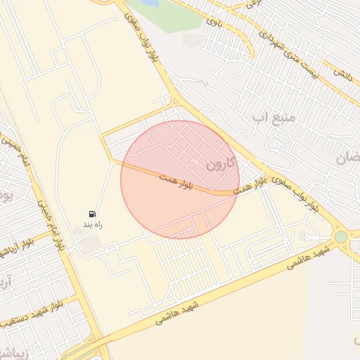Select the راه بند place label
(x=94, y=224)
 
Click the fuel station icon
(x=93, y=213)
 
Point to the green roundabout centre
(x=341, y=237)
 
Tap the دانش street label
(x=342, y=73)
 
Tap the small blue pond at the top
(x=150, y=4)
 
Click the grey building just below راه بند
(x=90, y=245)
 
